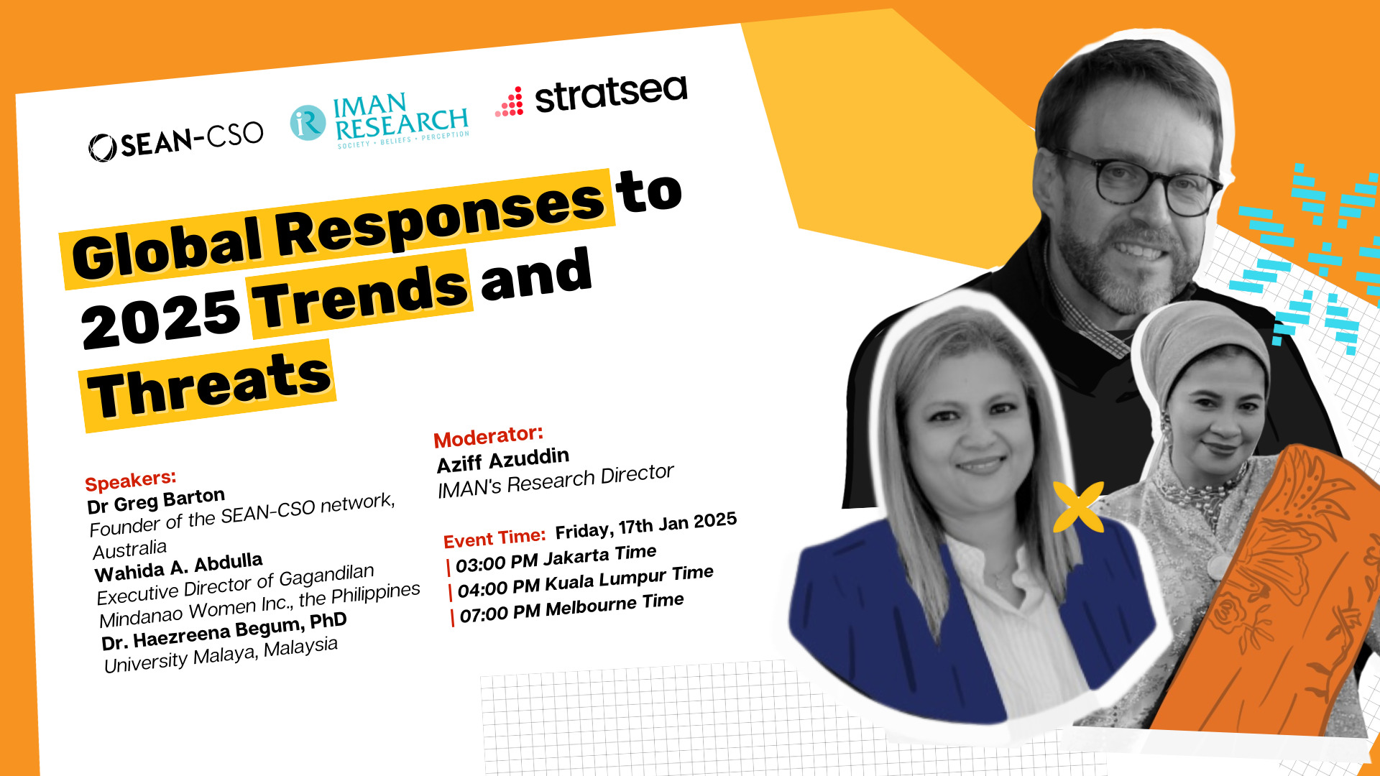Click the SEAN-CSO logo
coord(176,140)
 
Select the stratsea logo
coord(592,98)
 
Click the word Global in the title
coord(167,249)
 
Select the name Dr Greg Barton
coord(156,501)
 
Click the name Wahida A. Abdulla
coord(178,567)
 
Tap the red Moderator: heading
coord(488,436)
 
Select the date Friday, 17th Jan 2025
coord(645,525)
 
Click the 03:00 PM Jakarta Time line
coord(556,558)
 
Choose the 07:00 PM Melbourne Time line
coord(571,608)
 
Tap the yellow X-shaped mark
coord(1078,507)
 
